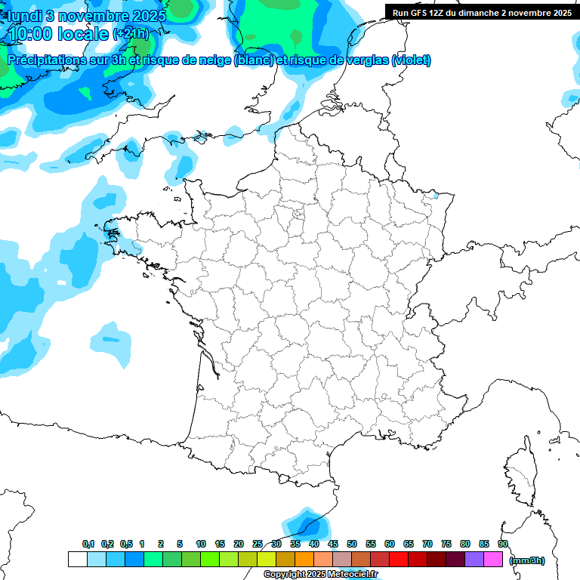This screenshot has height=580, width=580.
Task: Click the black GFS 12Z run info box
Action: [x=481, y=12]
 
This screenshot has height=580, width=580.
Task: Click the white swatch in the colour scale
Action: [x=77, y=560]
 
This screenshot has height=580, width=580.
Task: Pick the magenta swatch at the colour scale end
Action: [x=493, y=560]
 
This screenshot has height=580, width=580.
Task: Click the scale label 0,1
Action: [x=88, y=545]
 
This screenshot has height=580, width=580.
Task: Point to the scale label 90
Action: [x=502, y=545]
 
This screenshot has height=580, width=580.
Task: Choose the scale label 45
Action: [x=333, y=545]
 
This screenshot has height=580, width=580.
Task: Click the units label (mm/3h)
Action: [x=527, y=560]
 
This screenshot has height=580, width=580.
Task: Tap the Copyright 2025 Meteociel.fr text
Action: [x=320, y=575]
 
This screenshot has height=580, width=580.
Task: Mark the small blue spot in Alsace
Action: [x=435, y=196]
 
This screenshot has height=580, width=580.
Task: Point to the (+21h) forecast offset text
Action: [x=131, y=34]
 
